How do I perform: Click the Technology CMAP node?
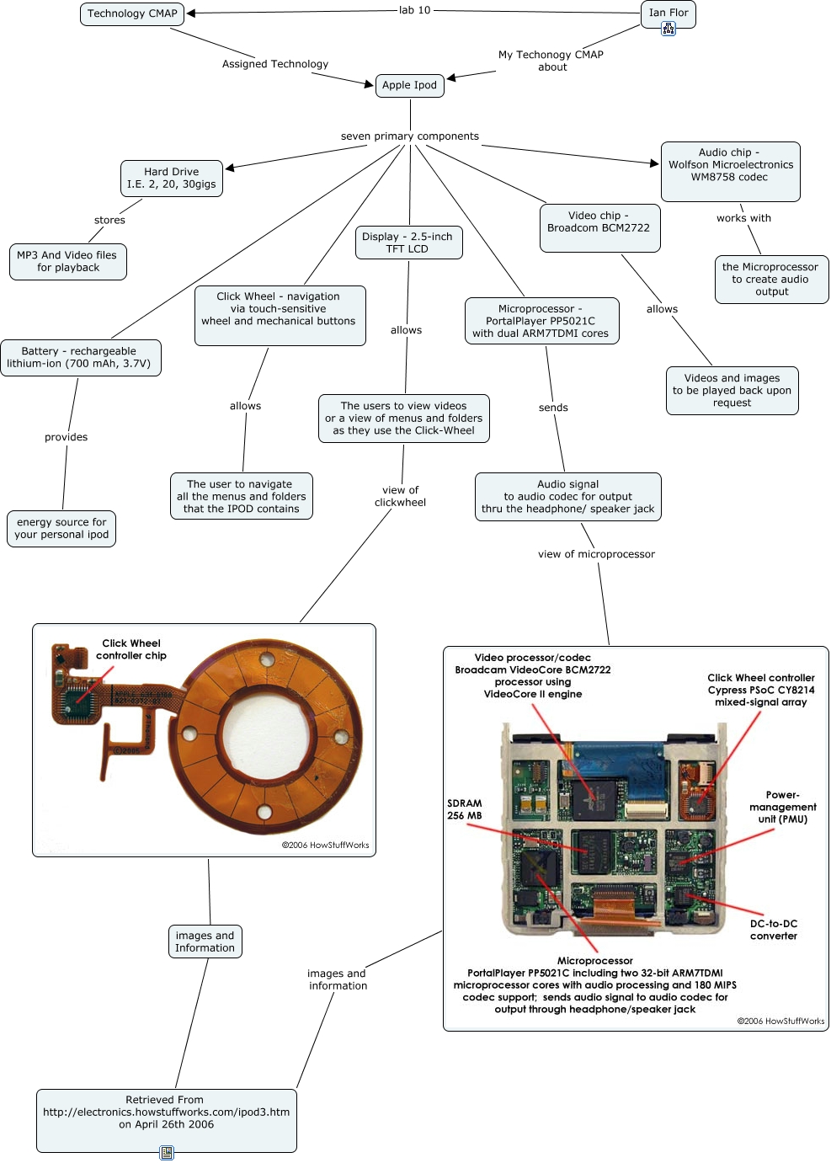tap(132, 13)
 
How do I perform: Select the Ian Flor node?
tap(669, 12)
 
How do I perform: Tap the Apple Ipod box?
tap(409, 85)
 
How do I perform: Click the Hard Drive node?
tap(172, 178)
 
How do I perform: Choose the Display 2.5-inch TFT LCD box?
tap(408, 243)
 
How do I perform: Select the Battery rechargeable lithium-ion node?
tap(80, 357)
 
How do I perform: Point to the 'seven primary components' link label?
tap(410, 136)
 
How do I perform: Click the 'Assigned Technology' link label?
tap(275, 64)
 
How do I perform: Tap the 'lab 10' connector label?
tap(414, 10)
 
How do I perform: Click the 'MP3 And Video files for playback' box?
tap(67, 261)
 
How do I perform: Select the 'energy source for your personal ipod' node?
tap(61, 528)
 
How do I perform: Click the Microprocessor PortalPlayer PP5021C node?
tap(541, 321)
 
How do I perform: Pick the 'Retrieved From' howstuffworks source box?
tap(166, 1112)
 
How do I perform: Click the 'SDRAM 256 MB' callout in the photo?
tap(465, 809)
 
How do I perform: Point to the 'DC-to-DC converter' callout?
tap(774, 930)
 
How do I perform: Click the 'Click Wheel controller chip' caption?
tap(131, 649)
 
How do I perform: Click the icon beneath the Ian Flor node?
tap(669, 29)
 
